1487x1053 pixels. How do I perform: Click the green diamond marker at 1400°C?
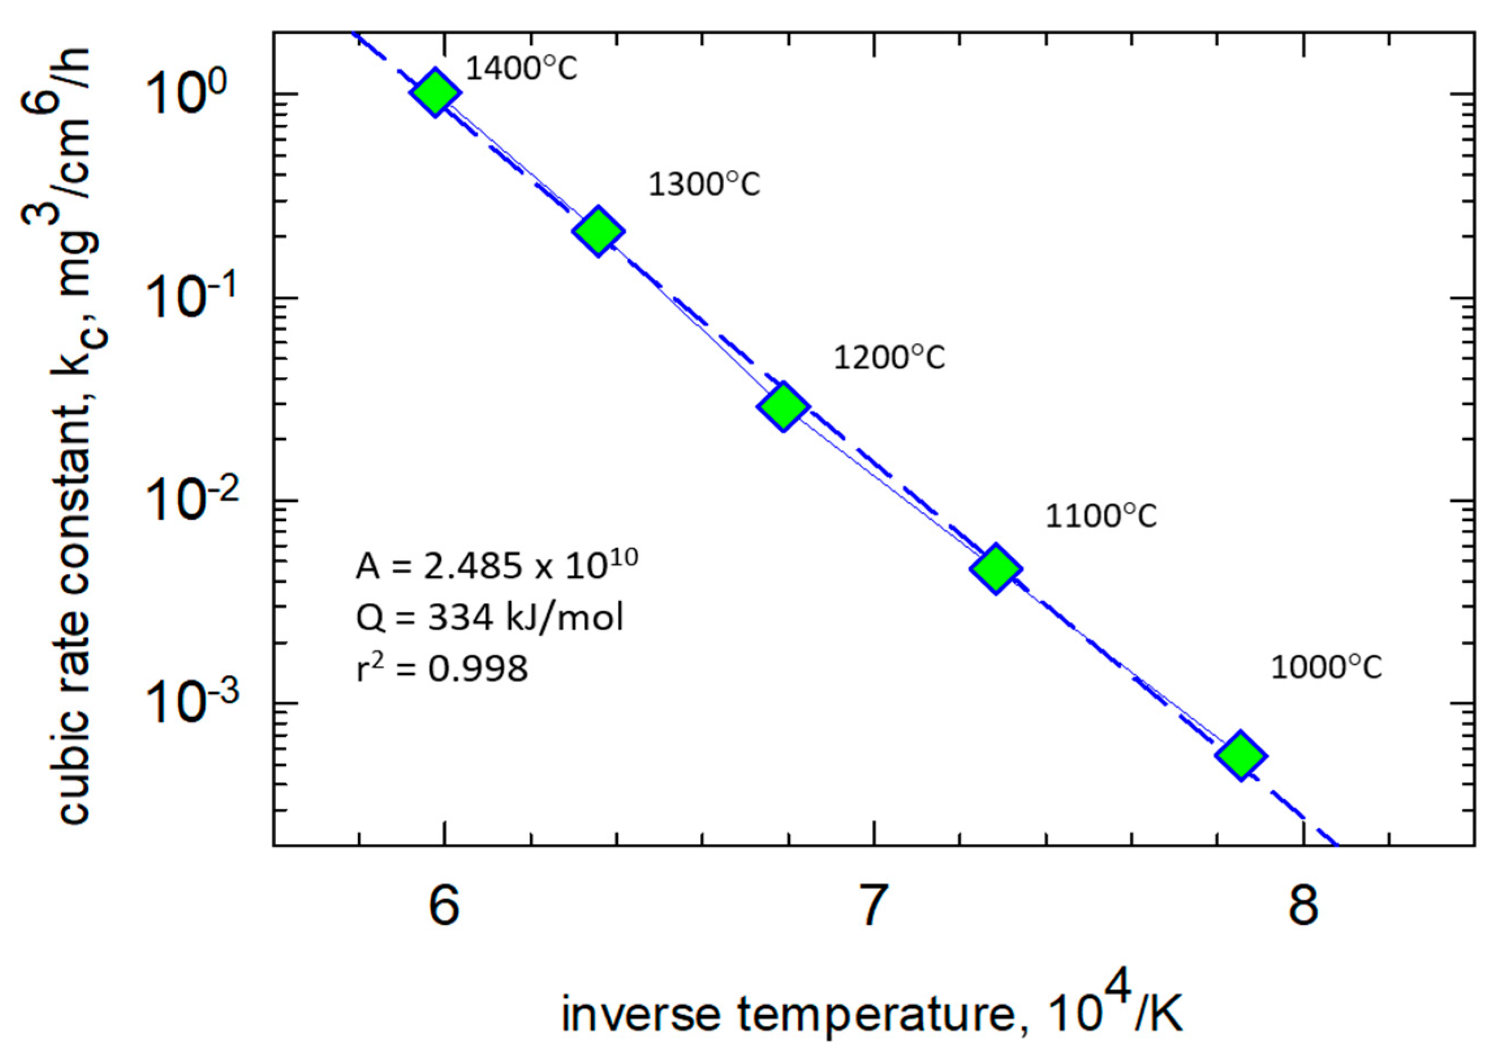(435, 92)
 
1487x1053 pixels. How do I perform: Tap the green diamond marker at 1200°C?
(783, 407)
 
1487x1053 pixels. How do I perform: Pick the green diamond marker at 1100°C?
(995, 569)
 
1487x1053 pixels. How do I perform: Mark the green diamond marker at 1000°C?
(1241, 755)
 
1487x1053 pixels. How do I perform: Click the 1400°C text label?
(522, 69)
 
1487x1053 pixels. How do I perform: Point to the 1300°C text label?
(704, 185)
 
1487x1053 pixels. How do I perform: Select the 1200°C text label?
(889, 357)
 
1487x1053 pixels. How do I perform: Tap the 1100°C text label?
(1101, 517)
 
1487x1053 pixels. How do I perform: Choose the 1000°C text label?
(1326, 668)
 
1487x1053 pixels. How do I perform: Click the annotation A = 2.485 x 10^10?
(497, 565)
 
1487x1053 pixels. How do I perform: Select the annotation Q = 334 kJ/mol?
(489, 616)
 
